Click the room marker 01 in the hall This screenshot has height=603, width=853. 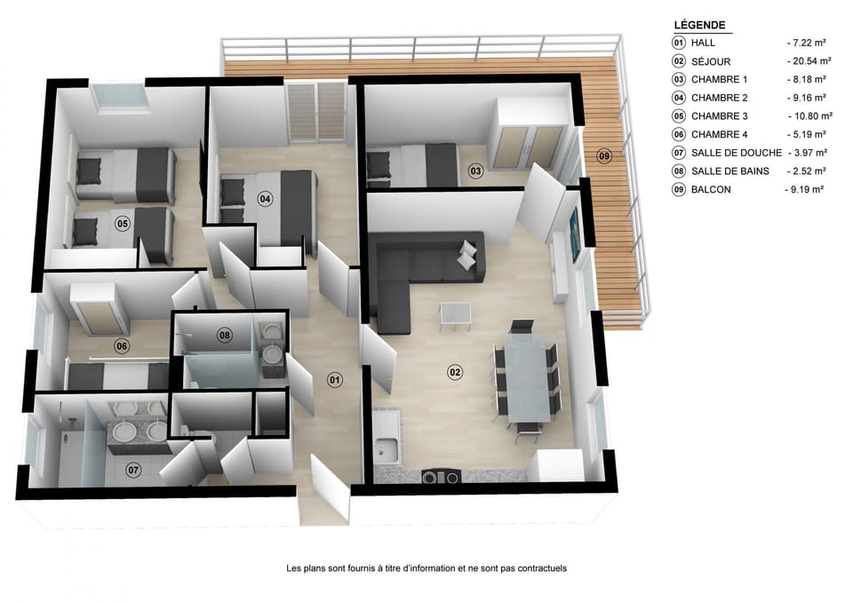[x=335, y=379]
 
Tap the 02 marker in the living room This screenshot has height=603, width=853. [x=455, y=372]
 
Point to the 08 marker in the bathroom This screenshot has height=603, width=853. [x=225, y=335]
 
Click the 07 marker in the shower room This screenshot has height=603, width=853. [x=133, y=469]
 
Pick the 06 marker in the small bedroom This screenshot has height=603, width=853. [x=122, y=346]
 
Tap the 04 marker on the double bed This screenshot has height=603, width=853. [x=265, y=199]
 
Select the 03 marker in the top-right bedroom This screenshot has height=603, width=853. [x=475, y=170]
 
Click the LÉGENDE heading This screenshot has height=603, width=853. [x=700, y=25]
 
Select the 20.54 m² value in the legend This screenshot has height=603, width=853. [x=809, y=61]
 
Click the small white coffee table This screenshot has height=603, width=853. [x=456, y=312]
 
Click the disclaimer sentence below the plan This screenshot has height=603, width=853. [x=426, y=568]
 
